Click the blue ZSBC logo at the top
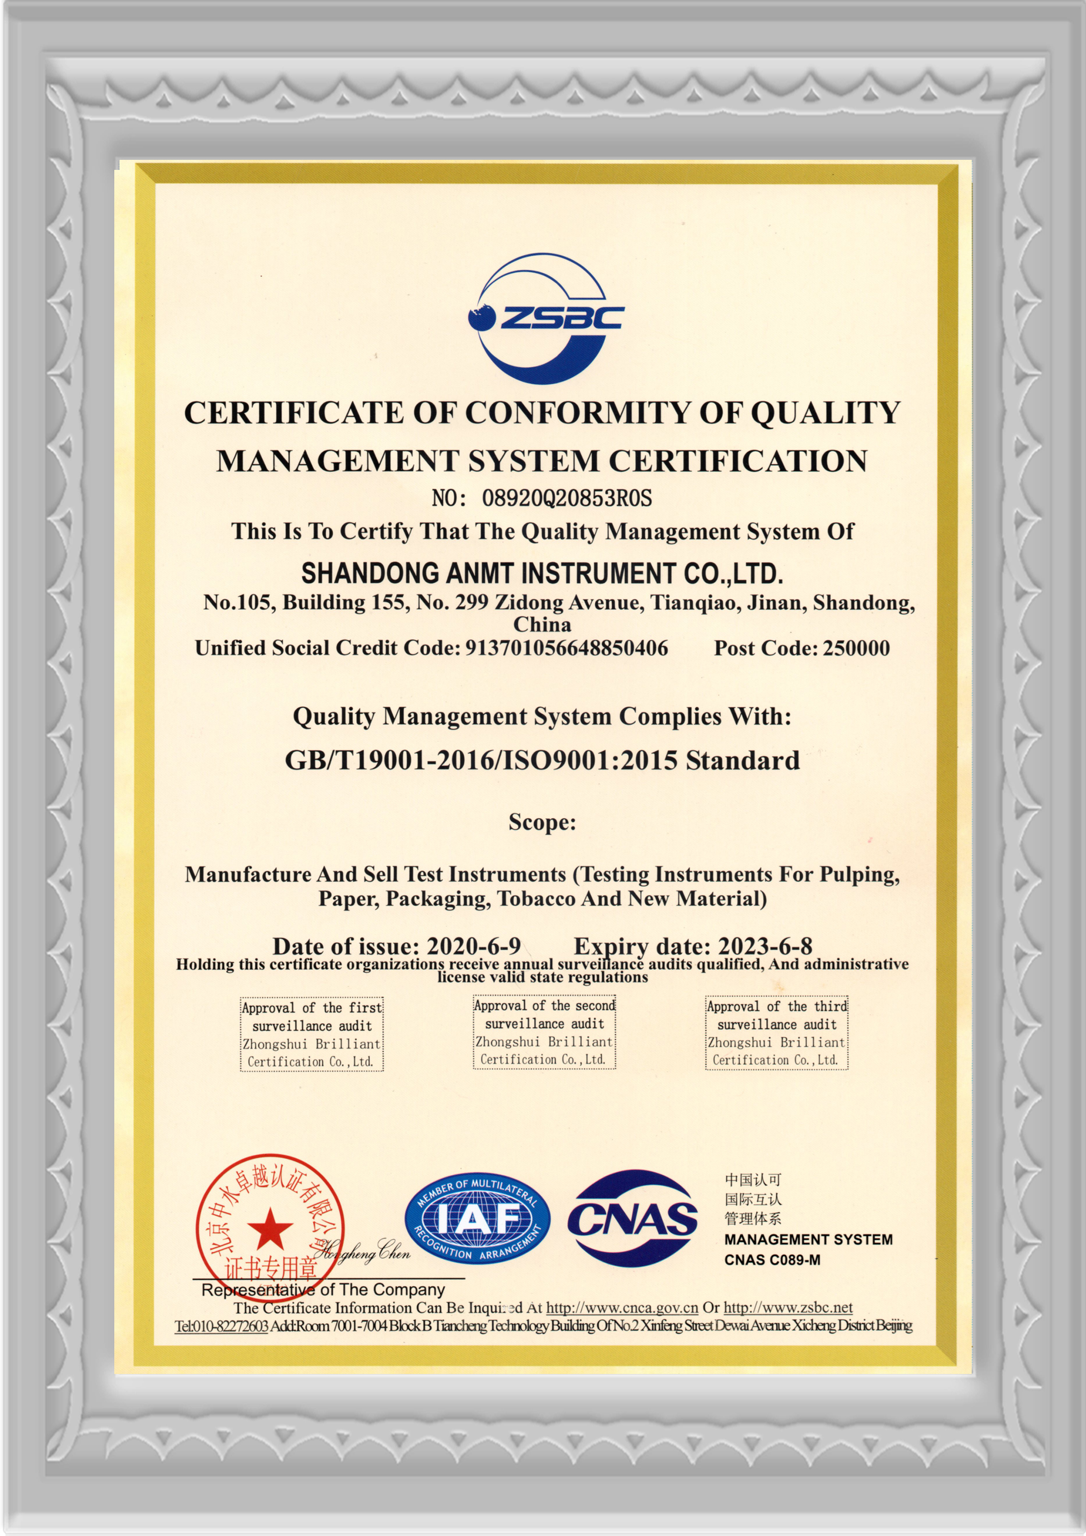coord(545,318)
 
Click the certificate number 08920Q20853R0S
coord(566,498)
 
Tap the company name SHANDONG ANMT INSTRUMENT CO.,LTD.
coord(542,573)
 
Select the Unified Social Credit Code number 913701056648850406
coord(566,648)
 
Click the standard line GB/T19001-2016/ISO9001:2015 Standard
coord(542,761)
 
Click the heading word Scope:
coord(542,821)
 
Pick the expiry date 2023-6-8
coord(765,945)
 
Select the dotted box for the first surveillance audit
coord(312,1034)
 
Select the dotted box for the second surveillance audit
coord(544,1032)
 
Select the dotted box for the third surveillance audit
coord(776,1033)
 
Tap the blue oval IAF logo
coord(477,1219)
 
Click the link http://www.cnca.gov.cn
coord(622,1307)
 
